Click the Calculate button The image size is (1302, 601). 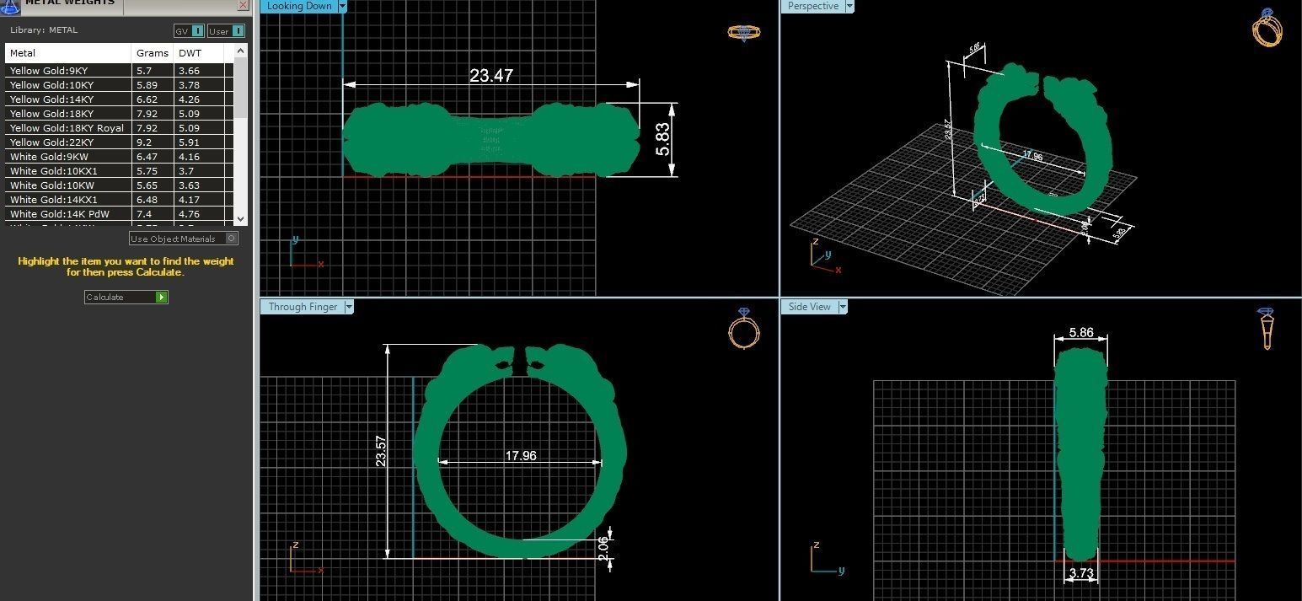(126, 297)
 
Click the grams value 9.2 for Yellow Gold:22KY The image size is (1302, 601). (144, 142)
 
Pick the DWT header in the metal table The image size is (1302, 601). (190, 53)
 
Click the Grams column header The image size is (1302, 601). (153, 53)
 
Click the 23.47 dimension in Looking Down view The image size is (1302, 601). (490, 76)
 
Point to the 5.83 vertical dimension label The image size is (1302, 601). (663, 139)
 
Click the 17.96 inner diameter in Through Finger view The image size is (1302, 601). (520, 455)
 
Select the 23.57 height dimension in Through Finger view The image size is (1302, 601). (381, 451)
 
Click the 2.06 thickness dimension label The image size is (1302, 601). (603, 547)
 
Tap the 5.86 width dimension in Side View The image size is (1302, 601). (1080, 333)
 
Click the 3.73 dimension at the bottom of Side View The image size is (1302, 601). (1080, 574)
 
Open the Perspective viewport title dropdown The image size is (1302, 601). (849, 6)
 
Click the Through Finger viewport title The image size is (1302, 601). (303, 307)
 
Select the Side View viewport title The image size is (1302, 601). (809, 307)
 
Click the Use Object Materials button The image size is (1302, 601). (183, 239)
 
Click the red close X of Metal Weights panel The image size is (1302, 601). (243, 5)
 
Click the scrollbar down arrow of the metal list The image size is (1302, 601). (240, 218)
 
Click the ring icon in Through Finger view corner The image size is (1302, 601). (743, 329)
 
